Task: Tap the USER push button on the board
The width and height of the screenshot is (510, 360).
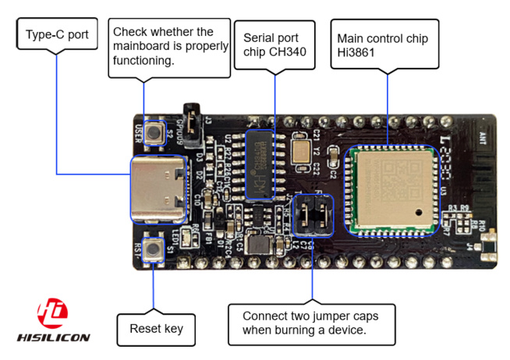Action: pos(161,130)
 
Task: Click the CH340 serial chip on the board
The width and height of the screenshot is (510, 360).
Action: pos(260,164)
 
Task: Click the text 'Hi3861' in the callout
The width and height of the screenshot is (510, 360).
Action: pos(356,54)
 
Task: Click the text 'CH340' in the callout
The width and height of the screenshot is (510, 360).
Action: pos(285,53)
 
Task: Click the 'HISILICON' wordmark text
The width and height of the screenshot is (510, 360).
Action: pos(53,337)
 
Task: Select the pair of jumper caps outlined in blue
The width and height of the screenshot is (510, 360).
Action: pos(312,215)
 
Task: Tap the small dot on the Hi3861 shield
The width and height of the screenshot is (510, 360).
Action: pos(420,212)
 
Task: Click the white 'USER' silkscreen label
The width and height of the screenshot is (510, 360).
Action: pos(139,130)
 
